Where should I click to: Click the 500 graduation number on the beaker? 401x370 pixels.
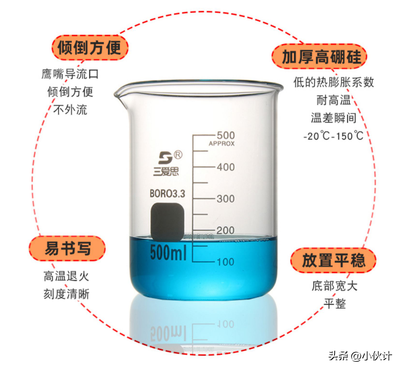coord(226,135)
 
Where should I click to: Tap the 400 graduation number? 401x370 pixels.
coord(226,167)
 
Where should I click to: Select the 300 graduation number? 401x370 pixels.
coord(226,199)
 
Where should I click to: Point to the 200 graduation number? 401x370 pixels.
coord(225,230)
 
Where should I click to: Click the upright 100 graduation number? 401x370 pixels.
coord(225,262)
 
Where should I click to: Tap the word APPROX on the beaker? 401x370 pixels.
coord(221,143)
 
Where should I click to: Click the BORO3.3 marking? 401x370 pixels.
coord(167,194)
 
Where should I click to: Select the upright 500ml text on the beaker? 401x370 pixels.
coord(168,253)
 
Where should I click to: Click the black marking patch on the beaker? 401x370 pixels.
coord(167,222)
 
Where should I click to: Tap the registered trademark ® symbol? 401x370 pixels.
coord(178,155)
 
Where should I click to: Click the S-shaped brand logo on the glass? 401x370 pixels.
coord(165,158)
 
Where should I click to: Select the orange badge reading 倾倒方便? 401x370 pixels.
coord(90,48)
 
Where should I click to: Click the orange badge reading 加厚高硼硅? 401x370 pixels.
coord(319,57)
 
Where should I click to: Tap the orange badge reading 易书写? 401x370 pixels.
coord(67,248)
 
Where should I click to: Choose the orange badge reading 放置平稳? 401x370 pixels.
coord(333,260)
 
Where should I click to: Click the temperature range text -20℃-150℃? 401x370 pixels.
coord(333,136)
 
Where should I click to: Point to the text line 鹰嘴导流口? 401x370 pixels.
coord(70,74)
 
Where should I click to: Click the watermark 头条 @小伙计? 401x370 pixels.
coord(360,356)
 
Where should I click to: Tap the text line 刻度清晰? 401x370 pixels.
coord(67,294)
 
